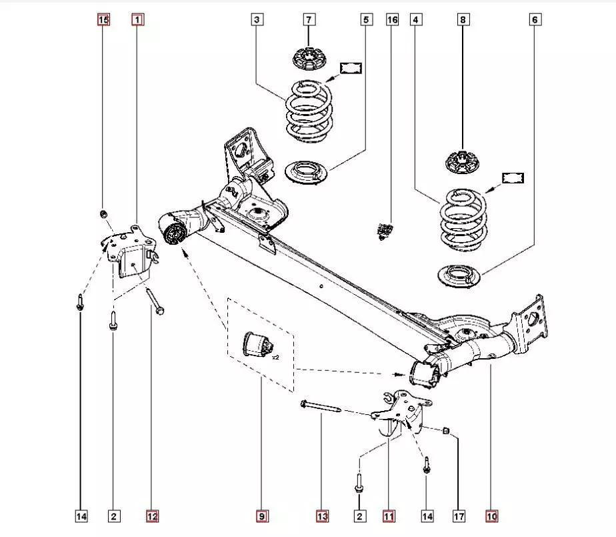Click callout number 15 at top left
point(103,20)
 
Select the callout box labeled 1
point(137,20)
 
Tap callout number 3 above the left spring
point(257,20)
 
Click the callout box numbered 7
point(309,20)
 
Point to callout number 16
point(392,20)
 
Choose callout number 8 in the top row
point(463,20)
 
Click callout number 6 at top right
point(535,20)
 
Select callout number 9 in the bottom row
point(261,516)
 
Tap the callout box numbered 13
point(322,516)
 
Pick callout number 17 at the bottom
point(459,516)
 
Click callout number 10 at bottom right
point(491,516)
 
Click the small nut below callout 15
point(103,213)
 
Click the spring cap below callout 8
point(463,162)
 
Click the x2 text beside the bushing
point(275,358)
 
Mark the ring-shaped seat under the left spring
point(306,172)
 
